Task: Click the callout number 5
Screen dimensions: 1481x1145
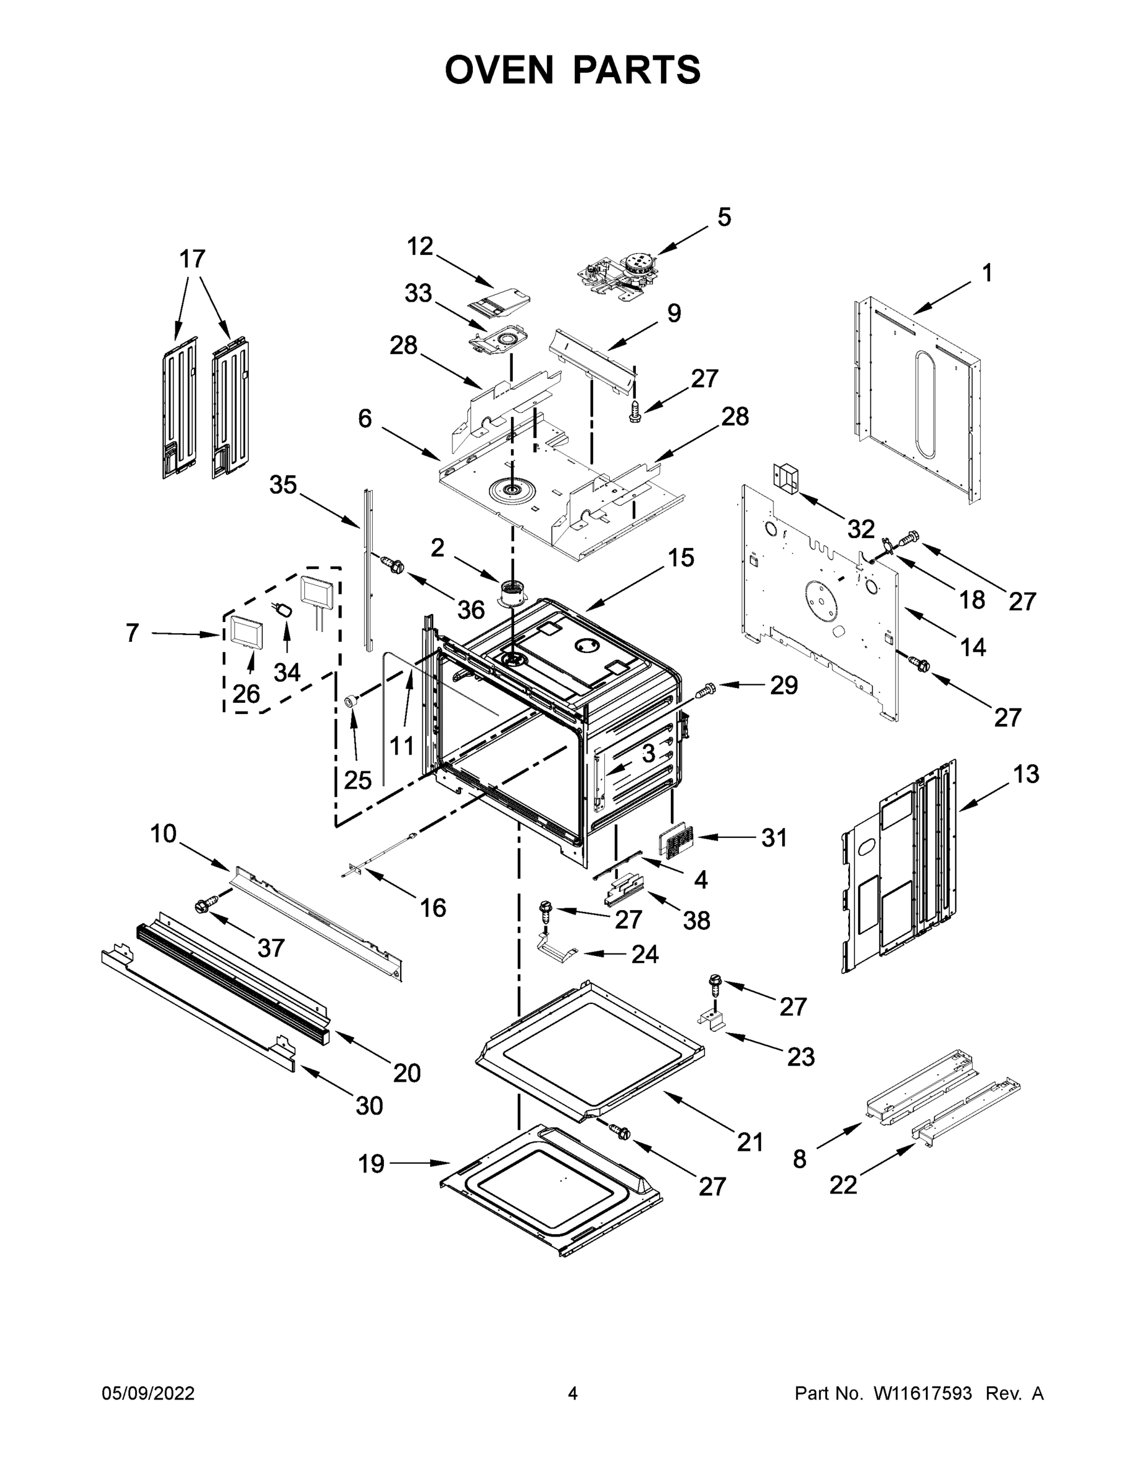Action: pyautogui.click(x=725, y=217)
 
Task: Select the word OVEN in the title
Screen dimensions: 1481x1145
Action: pyautogui.click(x=499, y=69)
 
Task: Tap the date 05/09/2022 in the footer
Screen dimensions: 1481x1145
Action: pyautogui.click(x=148, y=1393)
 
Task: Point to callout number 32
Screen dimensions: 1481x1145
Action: pyautogui.click(x=861, y=529)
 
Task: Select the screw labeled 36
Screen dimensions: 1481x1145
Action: pyautogui.click(x=392, y=563)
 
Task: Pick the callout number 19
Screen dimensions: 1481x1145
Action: pyautogui.click(x=371, y=1164)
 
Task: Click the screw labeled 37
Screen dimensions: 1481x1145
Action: pyautogui.click(x=205, y=905)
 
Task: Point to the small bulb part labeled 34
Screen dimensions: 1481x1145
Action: pyautogui.click(x=284, y=610)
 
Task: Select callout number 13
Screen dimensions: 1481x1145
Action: pyautogui.click(x=1026, y=774)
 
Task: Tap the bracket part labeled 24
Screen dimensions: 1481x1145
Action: pyautogui.click(x=556, y=947)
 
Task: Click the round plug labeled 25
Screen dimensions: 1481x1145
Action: pyautogui.click(x=352, y=700)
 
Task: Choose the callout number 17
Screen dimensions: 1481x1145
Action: pyautogui.click(x=192, y=259)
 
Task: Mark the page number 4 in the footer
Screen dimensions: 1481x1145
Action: pyautogui.click(x=573, y=1393)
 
